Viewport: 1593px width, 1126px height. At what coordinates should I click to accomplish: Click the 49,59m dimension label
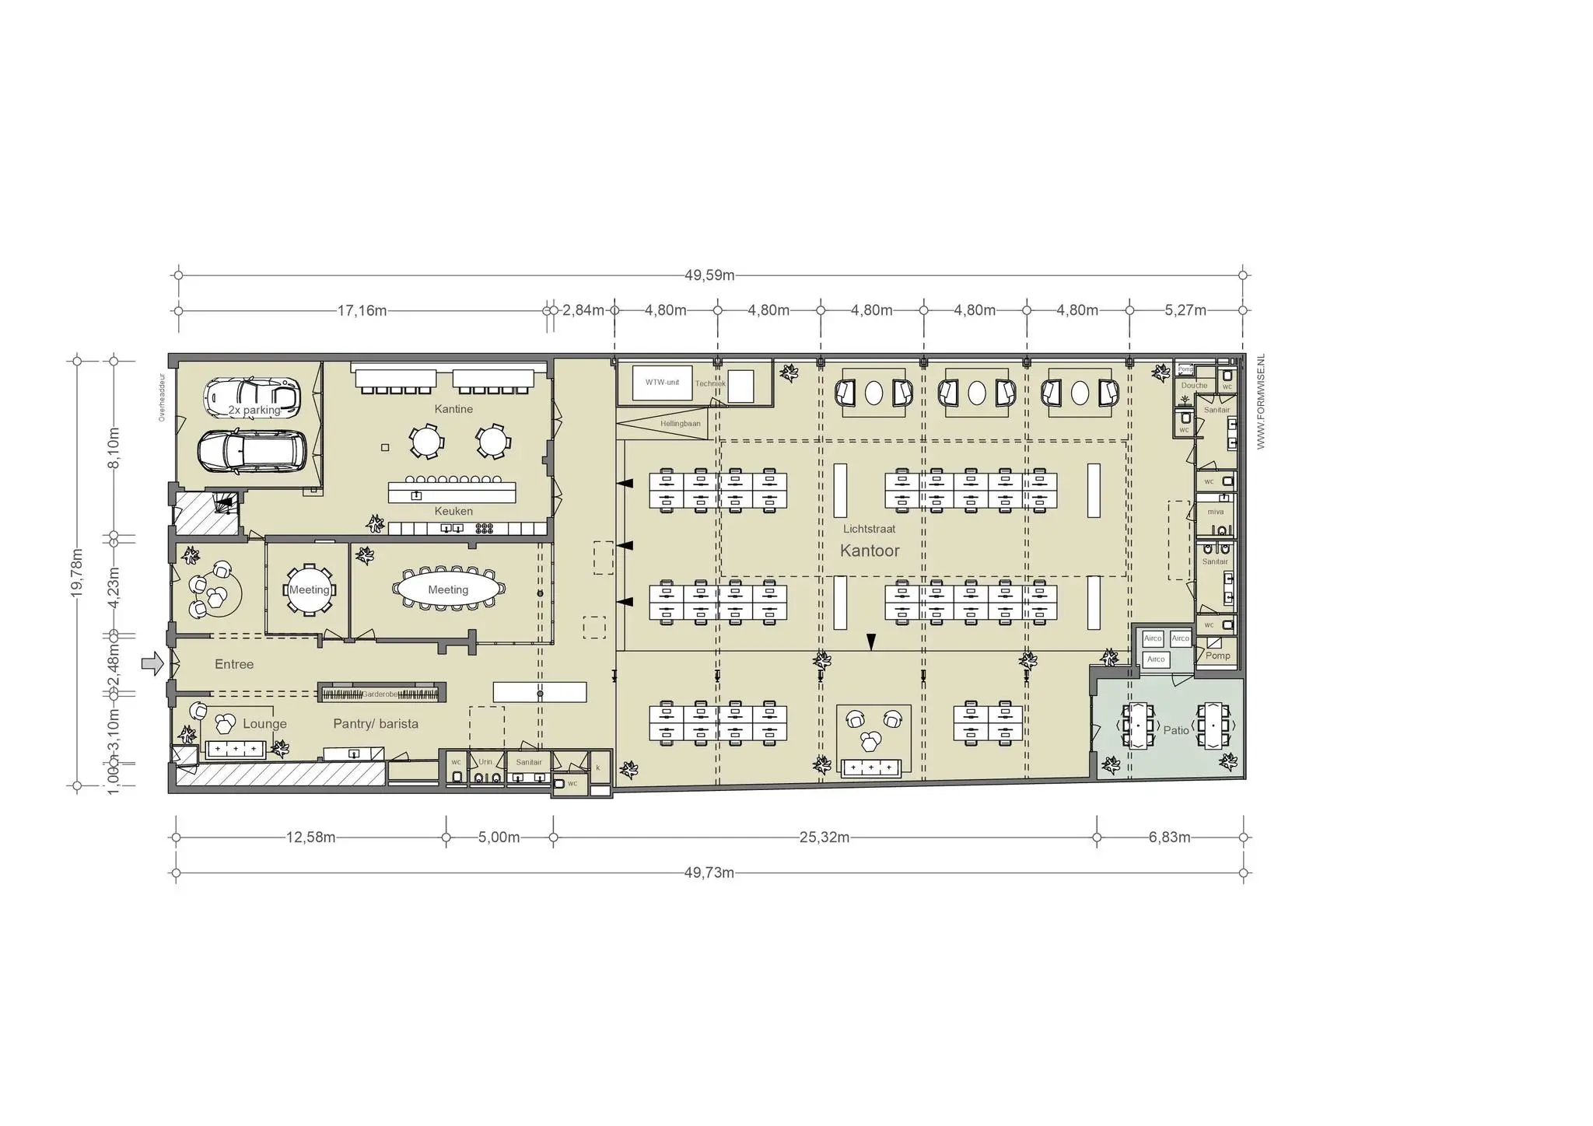[709, 275]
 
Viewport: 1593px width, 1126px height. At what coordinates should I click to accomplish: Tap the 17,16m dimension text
[362, 311]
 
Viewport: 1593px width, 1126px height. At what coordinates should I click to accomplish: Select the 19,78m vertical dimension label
[77, 573]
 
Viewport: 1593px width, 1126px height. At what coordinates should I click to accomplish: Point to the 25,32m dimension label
[824, 838]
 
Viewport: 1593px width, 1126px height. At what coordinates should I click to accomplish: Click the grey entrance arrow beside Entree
[152, 663]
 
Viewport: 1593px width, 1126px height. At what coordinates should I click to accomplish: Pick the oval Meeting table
[448, 589]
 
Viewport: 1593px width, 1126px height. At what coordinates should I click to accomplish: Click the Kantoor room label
[870, 551]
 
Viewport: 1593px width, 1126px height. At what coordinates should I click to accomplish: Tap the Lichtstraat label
[869, 529]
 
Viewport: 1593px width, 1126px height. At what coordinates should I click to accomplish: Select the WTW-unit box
[662, 383]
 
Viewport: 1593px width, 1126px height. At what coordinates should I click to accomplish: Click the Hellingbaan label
[681, 424]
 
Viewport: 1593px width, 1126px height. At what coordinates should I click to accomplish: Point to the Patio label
[1175, 730]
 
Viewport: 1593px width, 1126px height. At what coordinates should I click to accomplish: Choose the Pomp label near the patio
[1217, 656]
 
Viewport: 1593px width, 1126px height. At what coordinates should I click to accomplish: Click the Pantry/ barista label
[376, 724]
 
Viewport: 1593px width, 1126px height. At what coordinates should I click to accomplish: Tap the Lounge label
[264, 724]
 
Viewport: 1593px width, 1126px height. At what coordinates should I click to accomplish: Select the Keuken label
[453, 511]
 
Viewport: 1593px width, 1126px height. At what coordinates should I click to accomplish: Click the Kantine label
[453, 409]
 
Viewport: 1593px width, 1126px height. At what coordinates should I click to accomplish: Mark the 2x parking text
[254, 410]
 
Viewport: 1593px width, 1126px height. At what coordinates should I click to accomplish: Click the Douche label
[1194, 386]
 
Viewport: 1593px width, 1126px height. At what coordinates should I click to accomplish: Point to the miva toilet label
[1215, 512]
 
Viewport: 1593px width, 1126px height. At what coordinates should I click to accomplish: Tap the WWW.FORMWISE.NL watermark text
[1261, 401]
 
